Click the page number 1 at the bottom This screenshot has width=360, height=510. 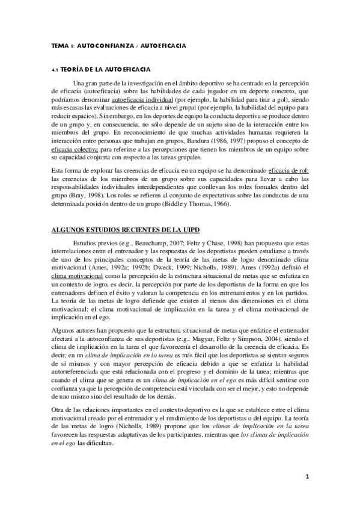pos(307,477)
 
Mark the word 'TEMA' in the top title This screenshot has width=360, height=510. pos(59,46)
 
